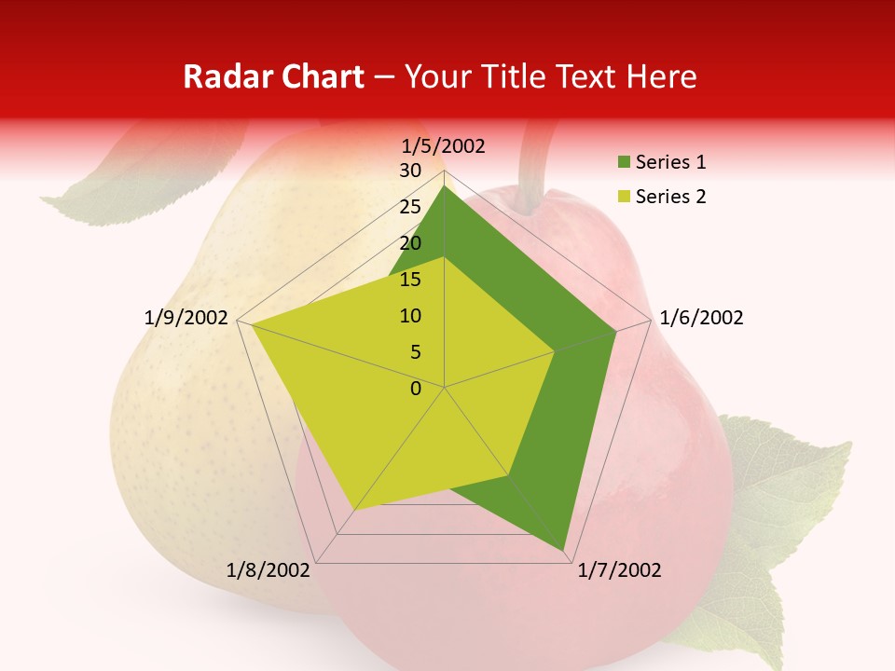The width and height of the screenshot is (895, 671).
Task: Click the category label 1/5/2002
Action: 444,145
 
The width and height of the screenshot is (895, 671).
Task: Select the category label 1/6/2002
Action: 701,318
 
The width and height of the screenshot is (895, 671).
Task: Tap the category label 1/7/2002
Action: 619,570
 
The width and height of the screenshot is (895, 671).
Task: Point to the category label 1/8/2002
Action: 268,570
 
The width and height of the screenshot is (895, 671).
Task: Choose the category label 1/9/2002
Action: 186,318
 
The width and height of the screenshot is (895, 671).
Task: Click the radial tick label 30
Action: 410,171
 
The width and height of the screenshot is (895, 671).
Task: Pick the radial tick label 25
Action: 410,207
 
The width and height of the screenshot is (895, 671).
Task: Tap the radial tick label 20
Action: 410,243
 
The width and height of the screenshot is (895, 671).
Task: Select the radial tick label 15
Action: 410,280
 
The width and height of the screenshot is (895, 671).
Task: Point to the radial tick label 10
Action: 410,316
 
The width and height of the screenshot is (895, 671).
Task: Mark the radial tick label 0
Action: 416,389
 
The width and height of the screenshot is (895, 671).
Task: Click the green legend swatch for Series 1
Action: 624,163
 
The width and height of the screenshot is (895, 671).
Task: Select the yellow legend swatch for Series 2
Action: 624,197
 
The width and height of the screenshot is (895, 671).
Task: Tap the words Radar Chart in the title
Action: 273,76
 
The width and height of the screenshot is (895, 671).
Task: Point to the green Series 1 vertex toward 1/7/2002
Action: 564,551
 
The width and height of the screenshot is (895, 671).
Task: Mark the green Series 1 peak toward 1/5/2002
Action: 445,186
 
